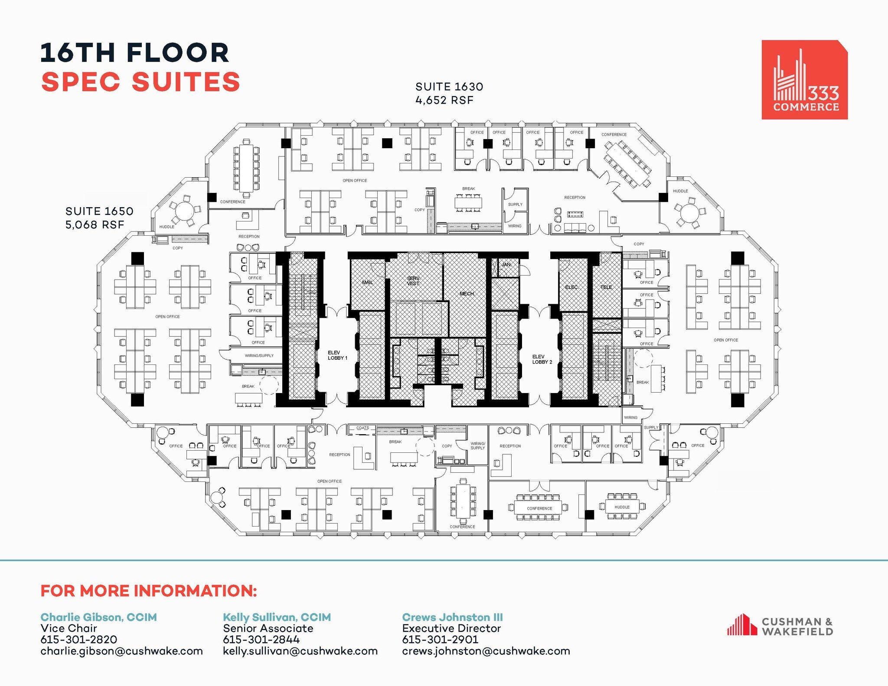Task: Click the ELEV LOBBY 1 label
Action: (x=337, y=355)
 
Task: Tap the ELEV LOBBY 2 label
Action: (x=542, y=359)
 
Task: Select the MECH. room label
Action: (x=467, y=294)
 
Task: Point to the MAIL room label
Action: (x=367, y=283)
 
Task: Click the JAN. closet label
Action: (x=506, y=264)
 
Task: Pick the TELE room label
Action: (x=606, y=287)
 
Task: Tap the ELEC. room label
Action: (x=571, y=287)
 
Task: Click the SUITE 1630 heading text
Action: (x=449, y=87)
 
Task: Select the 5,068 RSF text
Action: (x=95, y=224)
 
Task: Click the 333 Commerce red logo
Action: (x=804, y=80)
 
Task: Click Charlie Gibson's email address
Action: (x=121, y=651)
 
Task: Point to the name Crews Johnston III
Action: (x=452, y=617)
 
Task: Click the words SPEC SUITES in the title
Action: (x=140, y=82)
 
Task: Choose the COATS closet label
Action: (x=362, y=428)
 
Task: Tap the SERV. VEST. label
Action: (x=413, y=281)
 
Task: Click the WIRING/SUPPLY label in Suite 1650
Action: (x=259, y=356)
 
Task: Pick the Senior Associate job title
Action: (x=268, y=628)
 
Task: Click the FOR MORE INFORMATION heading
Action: (x=149, y=591)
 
